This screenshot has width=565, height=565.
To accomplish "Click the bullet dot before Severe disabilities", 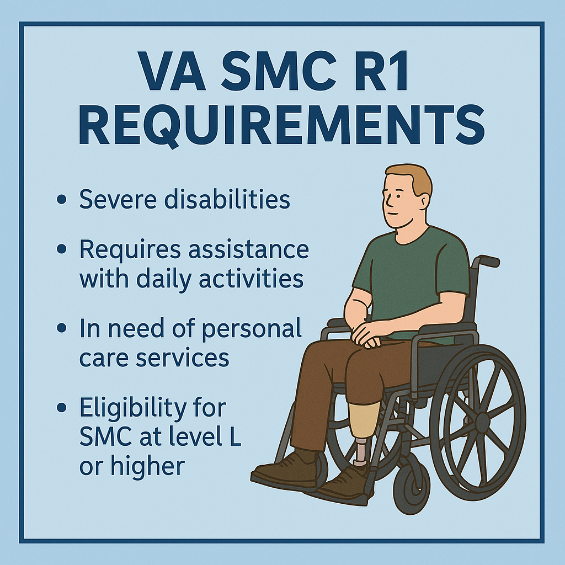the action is pyautogui.click(x=62, y=199).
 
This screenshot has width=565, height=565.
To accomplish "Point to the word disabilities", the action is pyautogui.click(x=227, y=199).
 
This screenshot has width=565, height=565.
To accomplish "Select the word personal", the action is pyautogui.click(x=251, y=329).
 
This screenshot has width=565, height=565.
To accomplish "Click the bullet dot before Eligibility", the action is pyautogui.click(x=62, y=407).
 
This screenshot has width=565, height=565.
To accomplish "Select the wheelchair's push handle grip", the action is pyautogui.click(x=489, y=261).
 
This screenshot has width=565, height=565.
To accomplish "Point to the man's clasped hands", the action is pyautogui.click(x=365, y=334).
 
